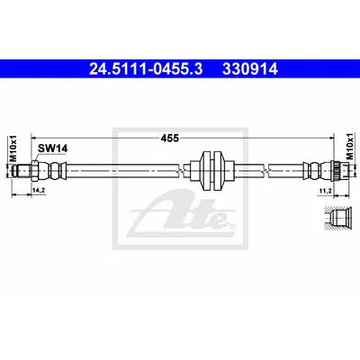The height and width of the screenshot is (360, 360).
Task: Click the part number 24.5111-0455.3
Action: pyautogui.click(x=146, y=69)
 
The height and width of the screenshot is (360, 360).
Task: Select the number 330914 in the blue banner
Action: pyautogui.click(x=250, y=69)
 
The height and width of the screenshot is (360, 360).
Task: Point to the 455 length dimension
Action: pyautogui.click(x=169, y=138)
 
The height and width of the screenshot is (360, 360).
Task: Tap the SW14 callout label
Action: pyautogui.click(x=52, y=148)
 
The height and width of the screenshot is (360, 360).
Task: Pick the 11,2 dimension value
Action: pyautogui.click(x=325, y=190)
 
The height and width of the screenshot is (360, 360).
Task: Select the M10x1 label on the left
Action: pyautogui.click(x=13, y=148)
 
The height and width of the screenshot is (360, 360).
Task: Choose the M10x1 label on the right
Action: pyautogui.click(x=349, y=147)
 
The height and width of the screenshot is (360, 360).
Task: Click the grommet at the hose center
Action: pyautogui.click(x=212, y=170)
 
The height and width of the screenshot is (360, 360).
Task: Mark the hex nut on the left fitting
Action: pyautogui.click(x=33, y=171)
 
